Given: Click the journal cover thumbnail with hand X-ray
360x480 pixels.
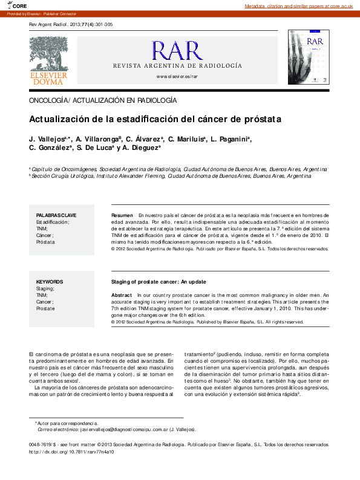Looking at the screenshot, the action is click(x=309, y=58).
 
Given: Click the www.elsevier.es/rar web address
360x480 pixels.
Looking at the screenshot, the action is click(x=177, y=77).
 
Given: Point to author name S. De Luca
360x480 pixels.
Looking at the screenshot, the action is click(x=94, y=147).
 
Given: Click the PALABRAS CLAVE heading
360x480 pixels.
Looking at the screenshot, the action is click(x=56, y=215).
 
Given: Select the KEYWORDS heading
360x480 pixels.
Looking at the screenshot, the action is click(x=50, y=282).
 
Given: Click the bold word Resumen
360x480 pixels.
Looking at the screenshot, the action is click(x=122, y=215).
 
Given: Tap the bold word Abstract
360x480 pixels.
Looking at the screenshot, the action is click(x=122, y=295).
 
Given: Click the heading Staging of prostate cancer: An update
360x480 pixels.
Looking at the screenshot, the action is click(x=159, y=282).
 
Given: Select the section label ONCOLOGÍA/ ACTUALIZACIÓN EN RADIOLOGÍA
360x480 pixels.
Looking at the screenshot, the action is click(x=103, y=99).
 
